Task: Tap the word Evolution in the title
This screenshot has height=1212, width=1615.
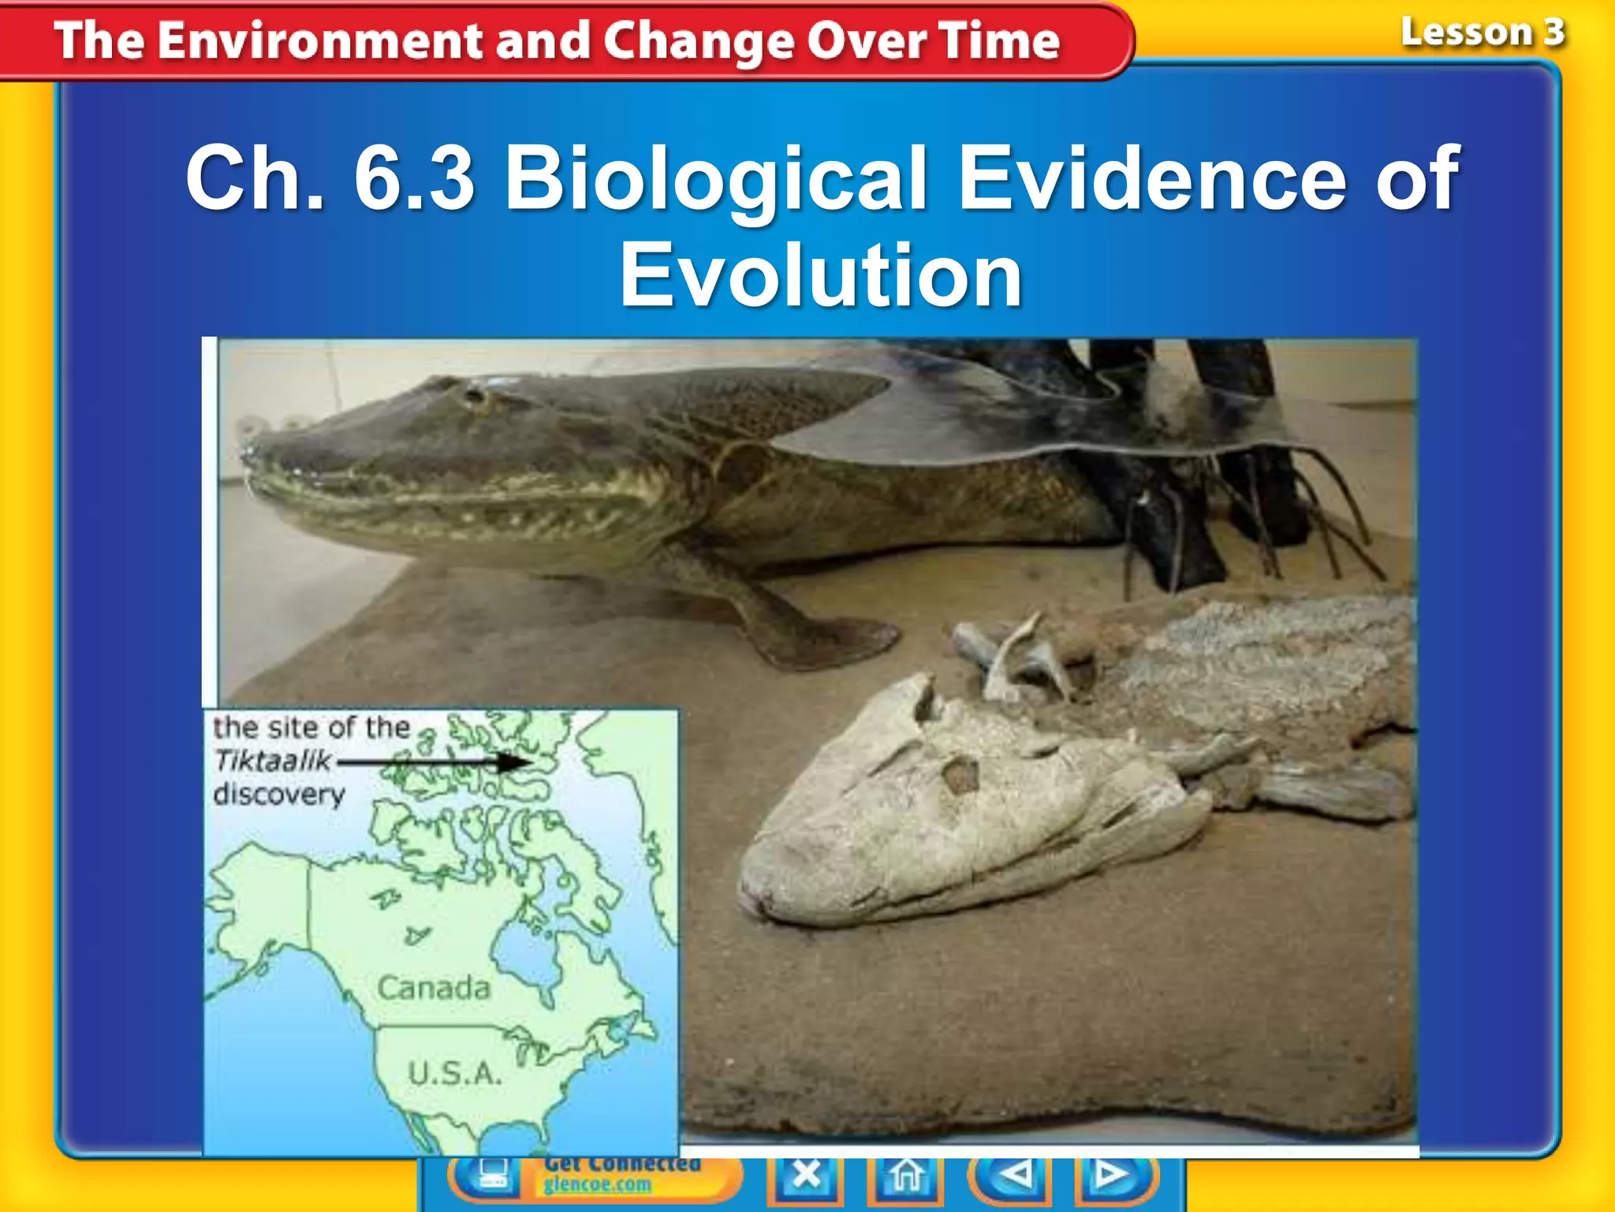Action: (820, 276)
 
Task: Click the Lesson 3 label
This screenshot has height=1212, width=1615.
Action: (1482, 33)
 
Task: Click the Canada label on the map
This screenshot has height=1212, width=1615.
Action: (433, 988)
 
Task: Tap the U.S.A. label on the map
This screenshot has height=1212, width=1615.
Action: (454, 1073)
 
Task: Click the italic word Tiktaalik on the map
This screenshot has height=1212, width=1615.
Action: (273, 761)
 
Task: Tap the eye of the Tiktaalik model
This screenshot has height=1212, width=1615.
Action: (476, 395)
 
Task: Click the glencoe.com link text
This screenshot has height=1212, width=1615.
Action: (597, 1185)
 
